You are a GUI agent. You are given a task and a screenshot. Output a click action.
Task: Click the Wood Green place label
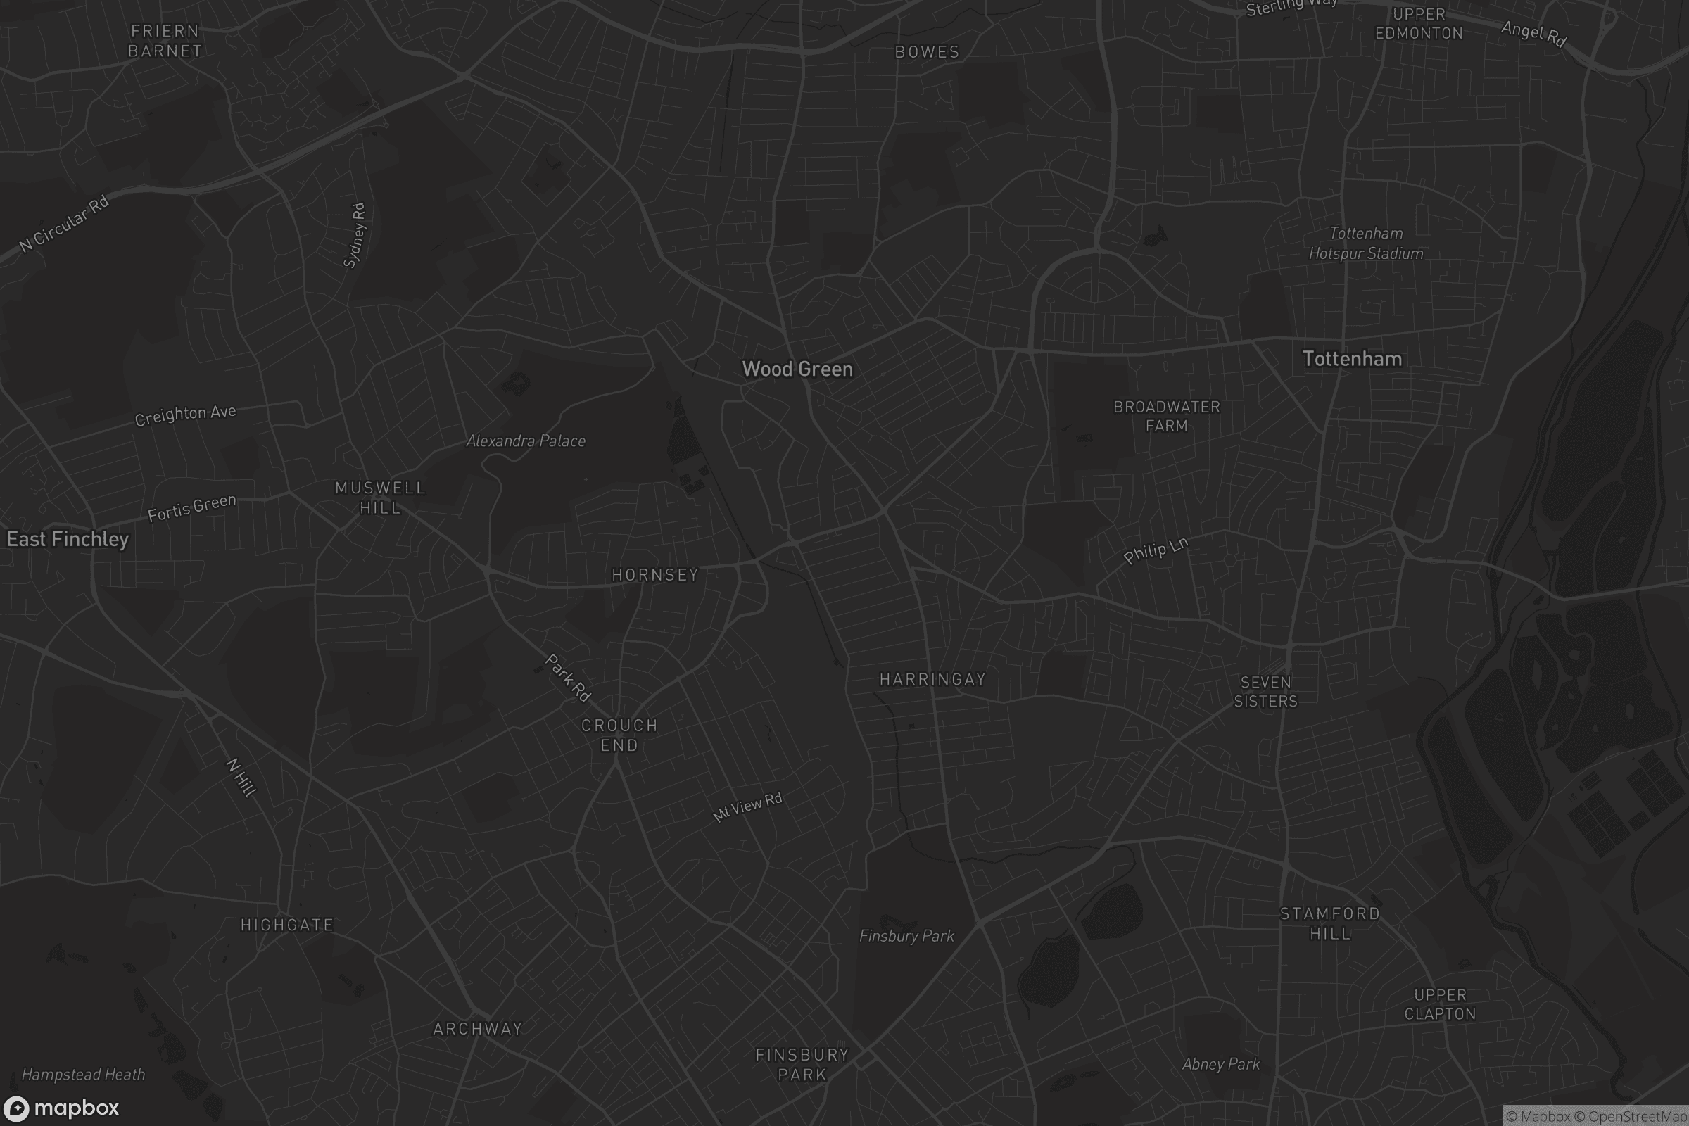pyautogui.click(x=797, y=369)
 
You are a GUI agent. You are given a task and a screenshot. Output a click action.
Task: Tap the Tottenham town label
pyautogui.click(x=1351, y=359)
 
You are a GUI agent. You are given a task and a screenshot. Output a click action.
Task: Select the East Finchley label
pyautogui.click(x=68, y=539)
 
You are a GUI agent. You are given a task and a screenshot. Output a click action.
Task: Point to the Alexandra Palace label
pyautogui.click(x=526, y=441)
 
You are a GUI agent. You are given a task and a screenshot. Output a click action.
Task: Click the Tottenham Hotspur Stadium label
pyautogui.click(x=1366, y=243)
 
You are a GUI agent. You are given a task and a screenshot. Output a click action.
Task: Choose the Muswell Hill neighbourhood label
pyautogui.click(x=380, y=498)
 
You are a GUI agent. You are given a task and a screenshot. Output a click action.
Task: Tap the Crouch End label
pyautogui.click(x=619, y=735)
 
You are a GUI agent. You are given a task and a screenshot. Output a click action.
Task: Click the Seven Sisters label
pyautogui.click(x=1265, y=692)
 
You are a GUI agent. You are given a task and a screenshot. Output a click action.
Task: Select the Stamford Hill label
pyautogui.click(x=1330, y=923)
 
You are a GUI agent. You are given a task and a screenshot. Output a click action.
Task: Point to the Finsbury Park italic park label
pyautogui.click(x=906, y=936)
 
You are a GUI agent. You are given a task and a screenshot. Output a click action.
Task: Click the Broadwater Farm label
pyautogui.click(x=1166, y=417)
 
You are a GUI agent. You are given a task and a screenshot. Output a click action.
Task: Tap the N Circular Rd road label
pyautogui.click(x=64, y=224)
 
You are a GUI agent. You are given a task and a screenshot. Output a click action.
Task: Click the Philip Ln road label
pyautogui.click(x=1156, y=550)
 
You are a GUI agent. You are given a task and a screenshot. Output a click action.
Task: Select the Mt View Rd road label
pyautogui.click(x=747, y=807)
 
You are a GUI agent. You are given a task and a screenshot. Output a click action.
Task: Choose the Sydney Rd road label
pyautogui.click(x=354, y=235)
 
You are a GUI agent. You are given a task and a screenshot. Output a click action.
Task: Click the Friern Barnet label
pyautogui.click(x=165, y=41)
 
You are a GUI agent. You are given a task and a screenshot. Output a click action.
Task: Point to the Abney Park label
pyautogui.click(x=1221, y=1064)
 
